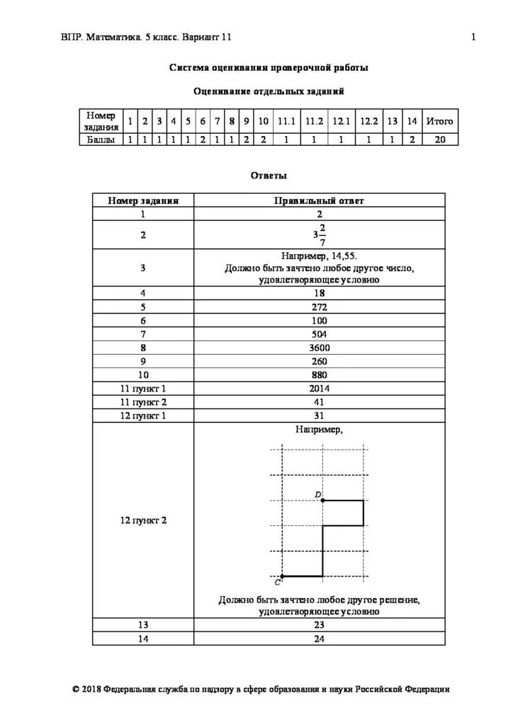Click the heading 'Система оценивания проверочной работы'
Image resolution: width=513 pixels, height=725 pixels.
point(269,68)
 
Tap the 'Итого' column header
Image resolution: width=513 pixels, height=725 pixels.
point(439,121)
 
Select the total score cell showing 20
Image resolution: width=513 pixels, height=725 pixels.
point(439,140)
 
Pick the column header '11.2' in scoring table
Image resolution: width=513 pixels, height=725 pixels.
point(314,121)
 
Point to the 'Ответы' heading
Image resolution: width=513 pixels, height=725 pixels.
point(269,175)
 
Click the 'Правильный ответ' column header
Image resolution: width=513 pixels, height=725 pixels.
point(319,200)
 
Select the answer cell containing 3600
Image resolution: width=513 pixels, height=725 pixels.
point(319,348)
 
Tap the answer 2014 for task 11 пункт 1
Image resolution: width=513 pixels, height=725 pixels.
point(319,388)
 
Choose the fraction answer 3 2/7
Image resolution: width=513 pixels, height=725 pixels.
point(319,234)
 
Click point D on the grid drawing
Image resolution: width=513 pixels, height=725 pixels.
point(323,501)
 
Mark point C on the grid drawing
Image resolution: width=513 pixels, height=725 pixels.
point(282,576)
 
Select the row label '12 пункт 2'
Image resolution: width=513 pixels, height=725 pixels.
point(143,520)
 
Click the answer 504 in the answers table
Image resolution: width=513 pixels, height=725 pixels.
point(319,334)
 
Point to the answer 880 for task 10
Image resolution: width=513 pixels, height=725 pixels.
point(319,375)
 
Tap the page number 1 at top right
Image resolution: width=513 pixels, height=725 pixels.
point(473,37)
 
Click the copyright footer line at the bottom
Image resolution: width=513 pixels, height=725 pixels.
point(260,688)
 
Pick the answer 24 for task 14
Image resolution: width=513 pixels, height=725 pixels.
point(319,638)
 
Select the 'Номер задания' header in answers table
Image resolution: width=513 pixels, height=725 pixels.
point(143,200)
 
